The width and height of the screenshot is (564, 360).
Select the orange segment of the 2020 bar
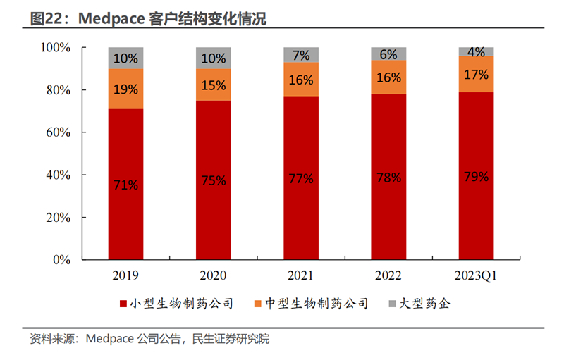213,85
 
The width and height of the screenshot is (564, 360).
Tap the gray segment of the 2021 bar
301,55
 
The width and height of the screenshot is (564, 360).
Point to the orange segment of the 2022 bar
388,77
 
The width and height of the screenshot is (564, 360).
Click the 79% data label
476,176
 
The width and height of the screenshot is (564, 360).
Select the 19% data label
125,89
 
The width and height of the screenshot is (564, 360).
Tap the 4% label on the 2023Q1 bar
476,51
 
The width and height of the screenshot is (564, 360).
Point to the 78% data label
388,178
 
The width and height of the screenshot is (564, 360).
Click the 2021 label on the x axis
301,275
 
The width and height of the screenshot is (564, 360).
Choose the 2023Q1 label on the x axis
476,275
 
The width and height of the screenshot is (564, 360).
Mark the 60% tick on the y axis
56,132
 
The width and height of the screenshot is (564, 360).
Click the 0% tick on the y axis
62,259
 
